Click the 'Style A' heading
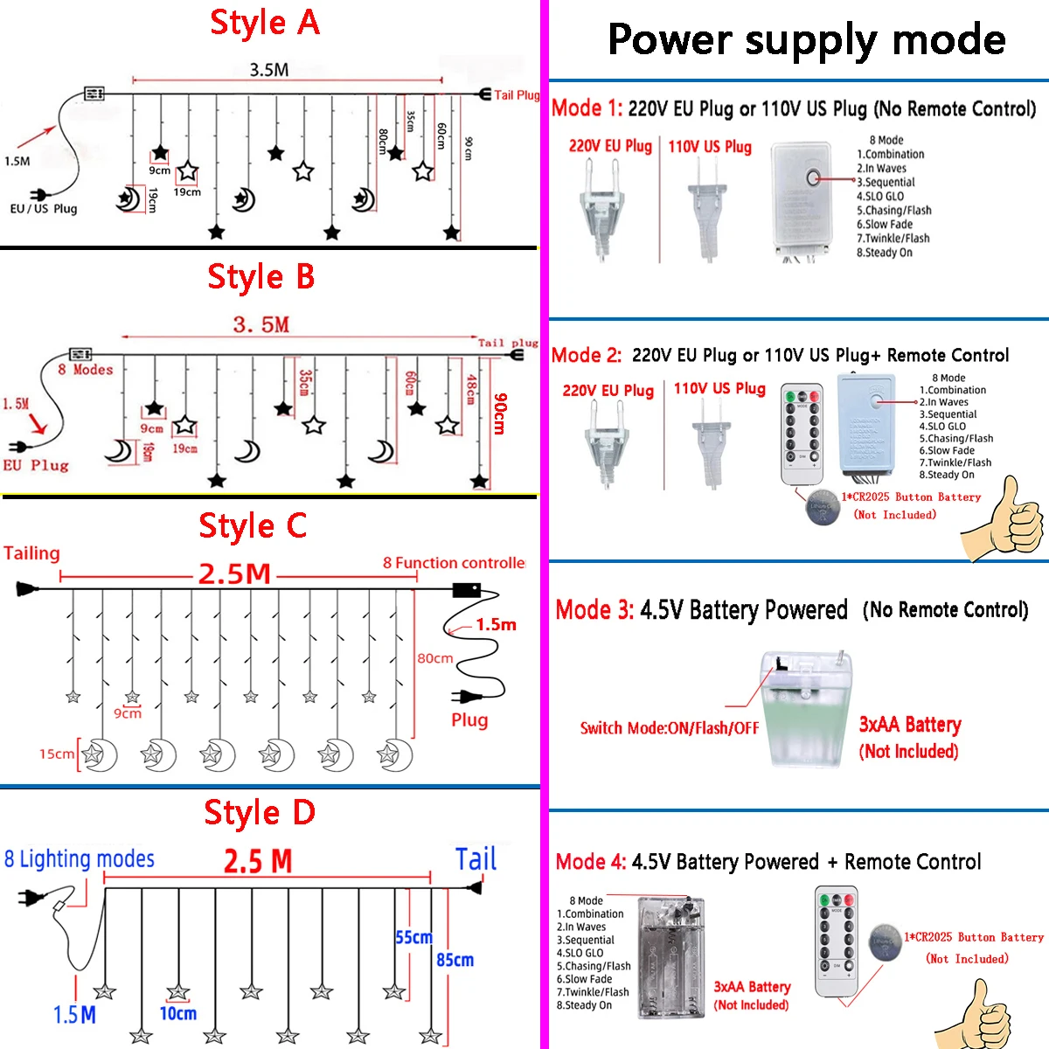pyautogui.click(x=265, y=23)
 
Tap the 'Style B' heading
pyautogui.click(x=261, y=277)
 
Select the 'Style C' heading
pyautogui.click(x=253, y=526)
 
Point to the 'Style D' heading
pyautogui.click(x=260, y=813)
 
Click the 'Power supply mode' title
pyautogui.click(x=806, y=40)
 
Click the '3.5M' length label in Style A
pyautogui.click(x=268, y=70)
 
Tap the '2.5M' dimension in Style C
pyautogui.click(x=234, y=574)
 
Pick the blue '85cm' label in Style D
pyautogui.click(x=455, y=960)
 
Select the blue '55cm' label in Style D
pyautogui.click(x=413, y=937)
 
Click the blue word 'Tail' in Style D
pyautogui.click(x=476, y=859)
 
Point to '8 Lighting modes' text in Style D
pyautogui.click(x=80, y=859)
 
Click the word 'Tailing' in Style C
pyautogui.click(x=31, y=553)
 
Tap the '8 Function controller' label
pyautogui.click(x=454, y=563)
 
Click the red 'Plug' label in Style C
pyautogui.click(x=469, y=720)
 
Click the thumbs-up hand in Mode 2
pyautogui.click(x=1005, y=518)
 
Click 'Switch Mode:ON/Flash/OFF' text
pyautogui.click(x=670, y=728)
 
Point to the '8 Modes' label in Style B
pyautogui.click(x=86, y=370)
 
